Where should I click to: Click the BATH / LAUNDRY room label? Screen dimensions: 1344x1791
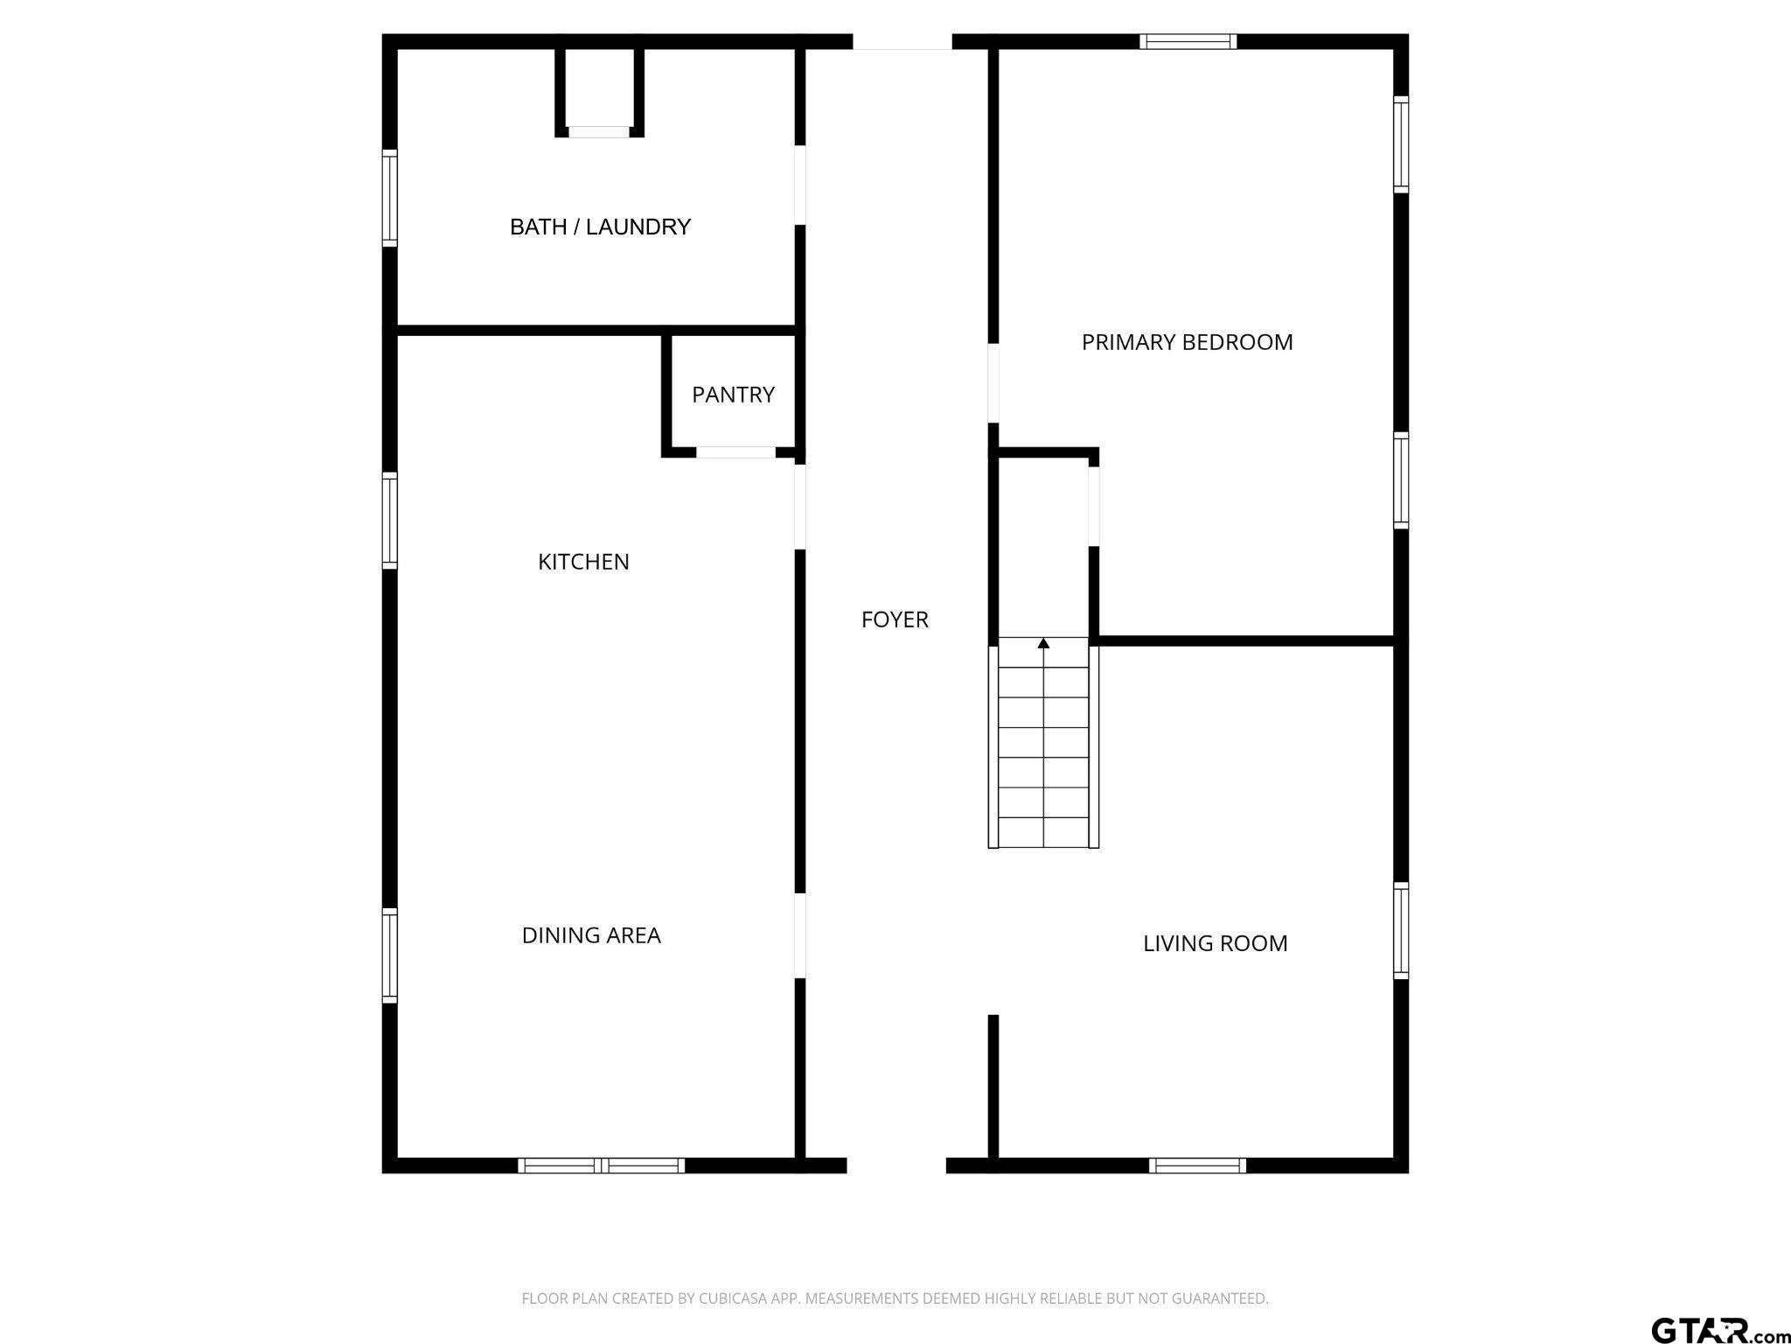[600, 227]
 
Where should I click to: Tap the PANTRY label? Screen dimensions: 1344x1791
[733, 395]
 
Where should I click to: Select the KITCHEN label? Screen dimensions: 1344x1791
[583, 562]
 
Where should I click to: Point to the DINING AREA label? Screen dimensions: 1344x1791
[591, 935]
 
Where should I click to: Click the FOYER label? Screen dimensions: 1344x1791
[895, 619]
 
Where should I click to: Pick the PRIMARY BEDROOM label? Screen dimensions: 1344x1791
[1187, 342]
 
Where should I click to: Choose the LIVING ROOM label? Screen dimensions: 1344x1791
[1215, 943]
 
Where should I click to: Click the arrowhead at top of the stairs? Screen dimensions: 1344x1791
[1043, 643]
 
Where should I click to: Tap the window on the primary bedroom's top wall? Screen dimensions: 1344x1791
[1188, 41]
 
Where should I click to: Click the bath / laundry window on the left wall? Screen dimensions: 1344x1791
[390, 198]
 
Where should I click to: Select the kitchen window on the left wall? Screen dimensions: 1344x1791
[390, 521]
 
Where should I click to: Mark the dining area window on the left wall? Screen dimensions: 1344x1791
[390, 955]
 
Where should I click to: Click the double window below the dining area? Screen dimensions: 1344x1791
[602, 1165]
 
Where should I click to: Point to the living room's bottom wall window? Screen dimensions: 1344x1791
[1197, 1165]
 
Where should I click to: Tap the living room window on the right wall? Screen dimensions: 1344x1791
[1400, 931]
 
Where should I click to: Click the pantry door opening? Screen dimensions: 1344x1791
[735, 452]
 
